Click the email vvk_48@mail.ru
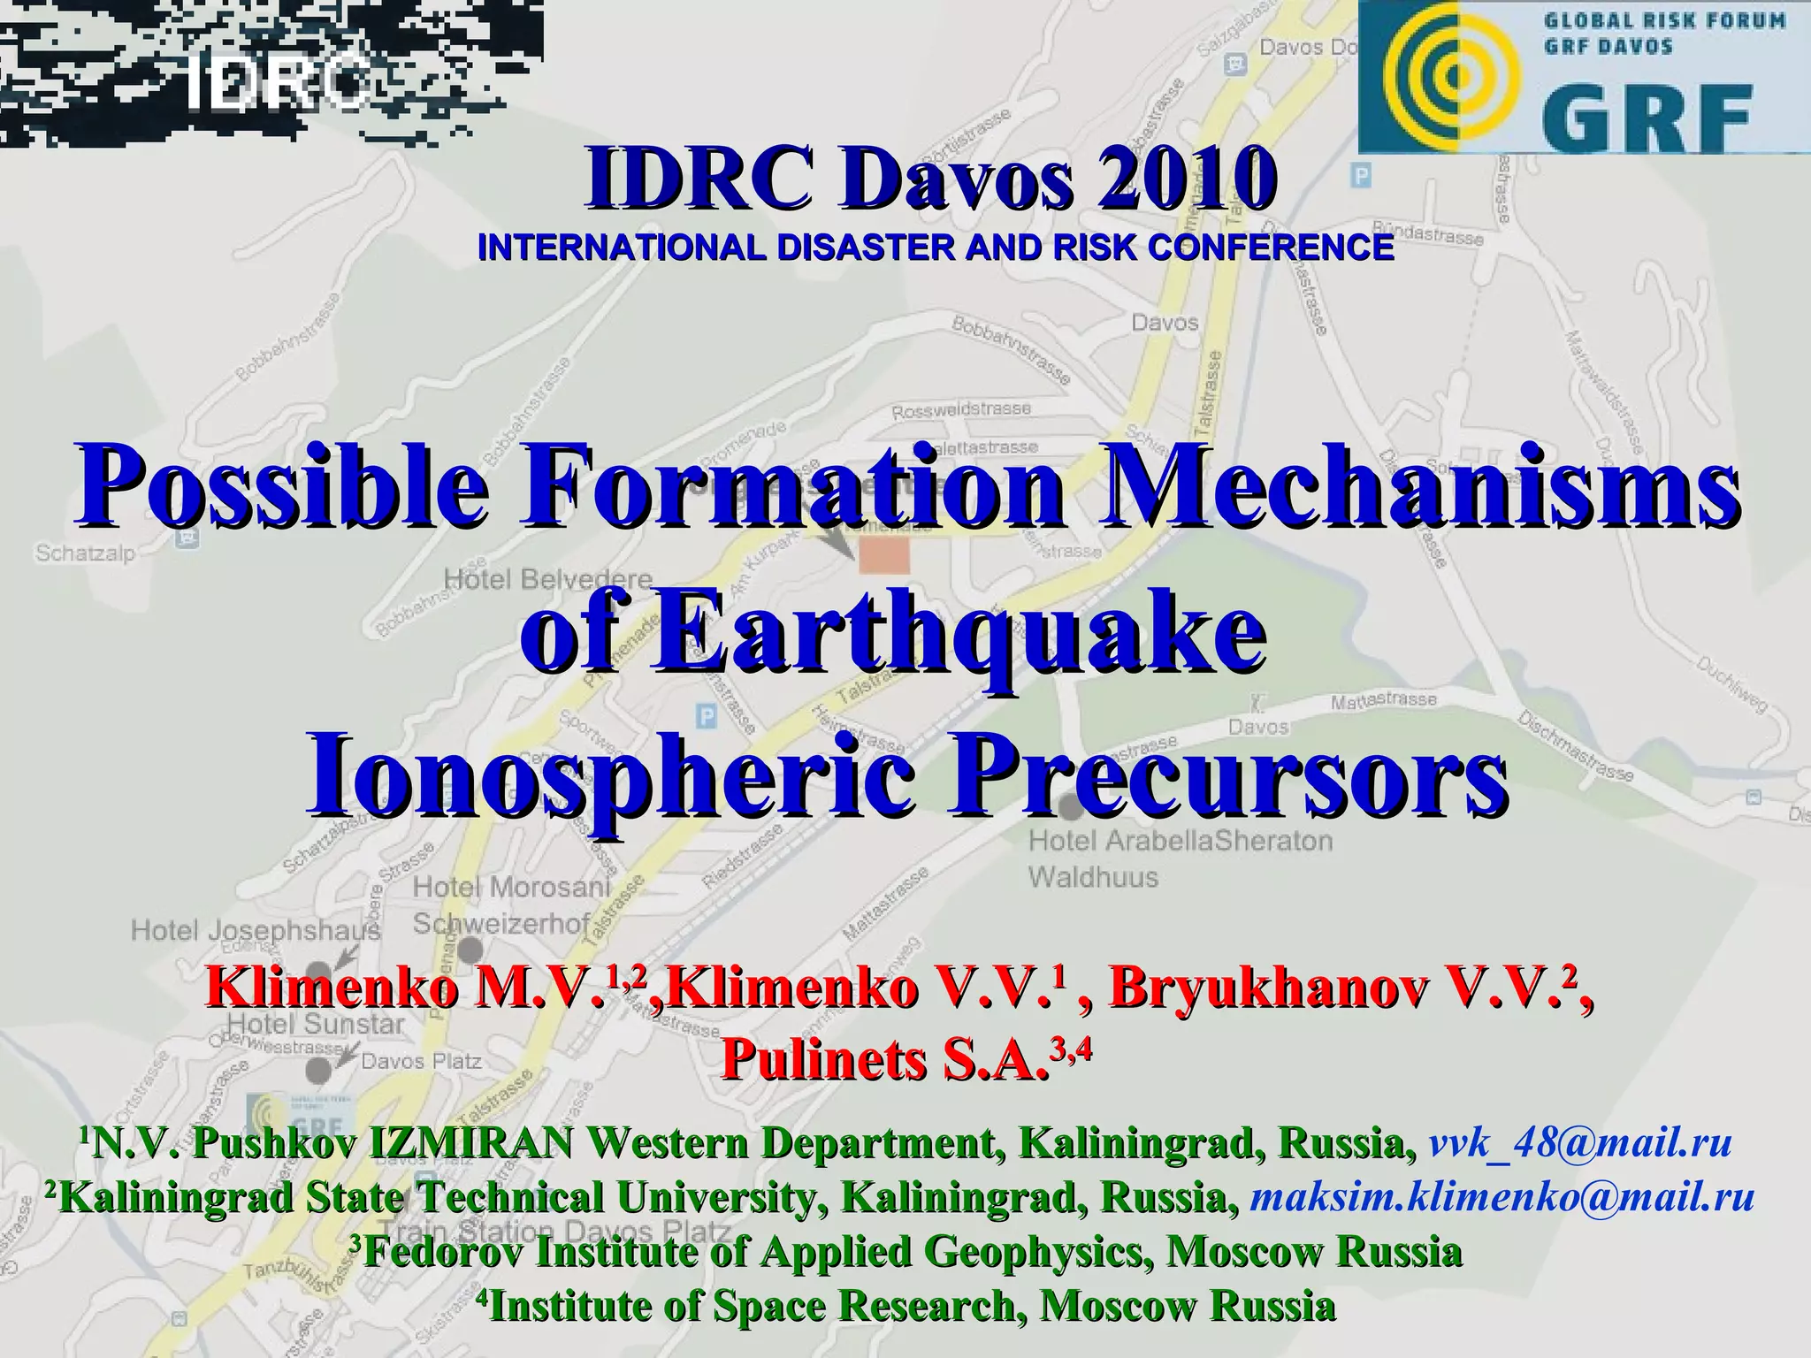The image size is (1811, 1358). point(1580,1143)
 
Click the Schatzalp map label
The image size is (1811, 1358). point(85,553)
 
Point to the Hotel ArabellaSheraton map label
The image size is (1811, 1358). point(1181,841)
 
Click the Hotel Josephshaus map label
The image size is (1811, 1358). point(256,930)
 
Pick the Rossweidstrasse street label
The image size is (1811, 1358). point(961,410)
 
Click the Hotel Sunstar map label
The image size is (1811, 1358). point(316,1025)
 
